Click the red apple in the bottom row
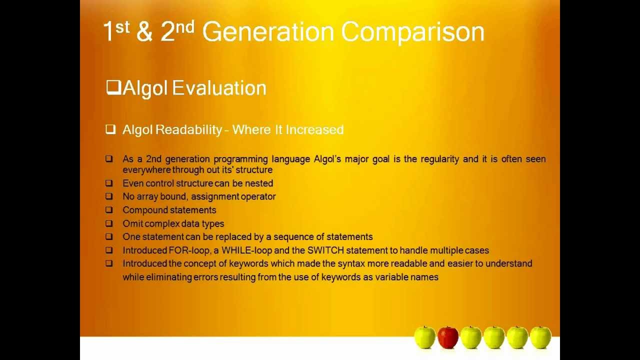(447, 337)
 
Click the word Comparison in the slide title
(412, 32)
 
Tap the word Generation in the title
(267, 32)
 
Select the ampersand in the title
(144, 32)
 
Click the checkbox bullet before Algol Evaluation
(113, 88)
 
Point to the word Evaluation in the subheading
(219, 88)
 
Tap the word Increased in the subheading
(314, 130)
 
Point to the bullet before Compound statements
(109, 210)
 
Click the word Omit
(132, 224)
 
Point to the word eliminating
(168, 277)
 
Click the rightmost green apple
(540, 337)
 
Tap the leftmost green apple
(424, 337)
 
